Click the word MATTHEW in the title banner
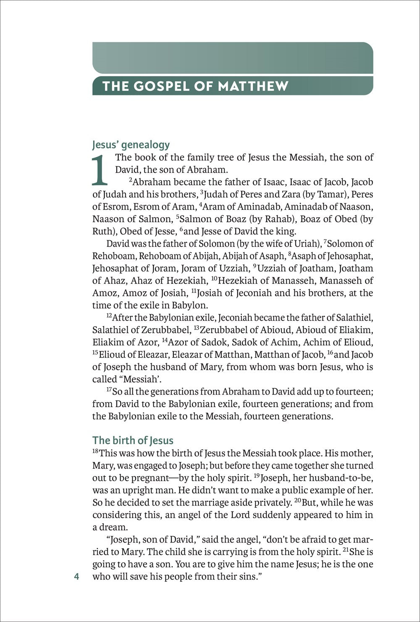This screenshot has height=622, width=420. click(253, 86)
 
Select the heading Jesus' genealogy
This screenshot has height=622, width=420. click(131, 145)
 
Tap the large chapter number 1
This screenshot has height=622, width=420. click(100, 170)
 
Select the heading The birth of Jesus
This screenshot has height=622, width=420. click(133, 440)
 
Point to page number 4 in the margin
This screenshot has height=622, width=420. click(76, 577)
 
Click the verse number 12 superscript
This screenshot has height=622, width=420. click(109, 316)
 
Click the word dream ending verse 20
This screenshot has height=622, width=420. click(113, 527)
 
